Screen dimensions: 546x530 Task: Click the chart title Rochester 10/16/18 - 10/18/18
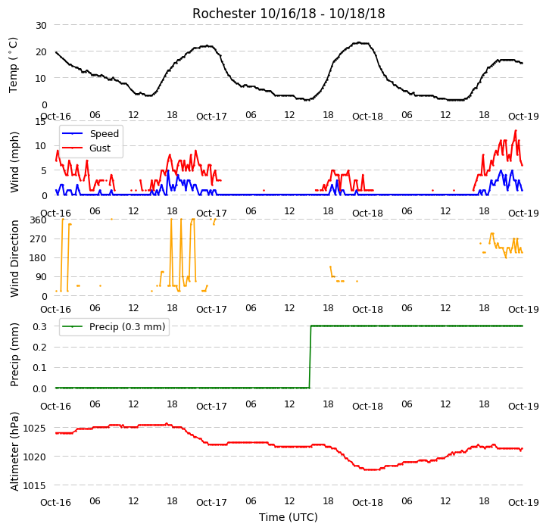tap(289, 14)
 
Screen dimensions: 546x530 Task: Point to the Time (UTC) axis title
tap(289, 517)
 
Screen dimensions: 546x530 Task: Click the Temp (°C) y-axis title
tap(13, 65)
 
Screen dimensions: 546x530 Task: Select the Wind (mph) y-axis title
tap(14, 162)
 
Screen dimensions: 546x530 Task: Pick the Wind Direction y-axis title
tap(14, 258)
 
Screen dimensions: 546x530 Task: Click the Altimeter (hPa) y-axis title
tap(14, 452)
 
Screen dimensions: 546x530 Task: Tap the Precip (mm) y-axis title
tap(14, 354)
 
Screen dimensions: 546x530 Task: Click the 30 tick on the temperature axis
tap(41, 26)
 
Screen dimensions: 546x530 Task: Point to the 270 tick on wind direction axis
tap(39, 239)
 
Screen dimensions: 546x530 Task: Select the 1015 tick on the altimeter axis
tap(35, 485)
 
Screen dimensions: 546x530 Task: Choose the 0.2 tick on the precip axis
tap(39, 348)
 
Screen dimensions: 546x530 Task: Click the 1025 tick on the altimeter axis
tap(35, 428)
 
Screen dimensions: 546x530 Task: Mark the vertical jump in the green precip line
tap(310, 357)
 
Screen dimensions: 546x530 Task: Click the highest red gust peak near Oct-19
tap(516, 130)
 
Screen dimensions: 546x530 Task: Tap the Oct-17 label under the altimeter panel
tap(211, 502)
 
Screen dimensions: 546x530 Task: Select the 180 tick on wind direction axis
tap(39, 258)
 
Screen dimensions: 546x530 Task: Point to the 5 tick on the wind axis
tap(44, 170)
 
